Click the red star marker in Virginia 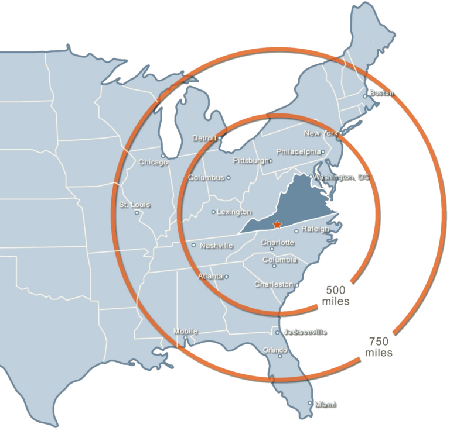pos(277,225)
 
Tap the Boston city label pos(381,93)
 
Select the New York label pos(321,133)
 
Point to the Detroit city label pos(204,139)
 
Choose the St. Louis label pos(134,205)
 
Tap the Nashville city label pos(216,246)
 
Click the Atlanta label pos(210,276)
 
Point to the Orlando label pos(274,350)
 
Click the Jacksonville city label pos(305,332)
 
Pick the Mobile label pos(185,332)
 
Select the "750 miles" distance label pos(379,347)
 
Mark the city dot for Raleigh pos(296,230)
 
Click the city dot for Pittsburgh pos(271,161)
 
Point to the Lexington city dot pos(213,212)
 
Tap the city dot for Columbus pos(229,178)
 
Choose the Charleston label pos(274,284)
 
